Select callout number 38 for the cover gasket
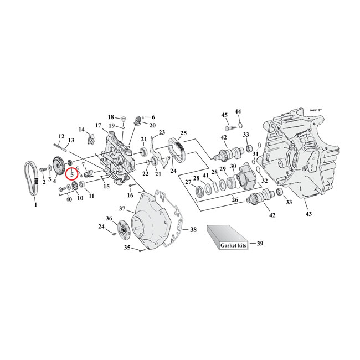coord(193,229)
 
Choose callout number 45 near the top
coord(224,115)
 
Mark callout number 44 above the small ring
coord(238,111)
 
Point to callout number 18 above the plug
coord(111,117)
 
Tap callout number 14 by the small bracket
coord(81,130)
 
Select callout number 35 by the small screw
coord(127,248)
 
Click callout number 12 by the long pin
coord(61,136)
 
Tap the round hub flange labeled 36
coord(121,227)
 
